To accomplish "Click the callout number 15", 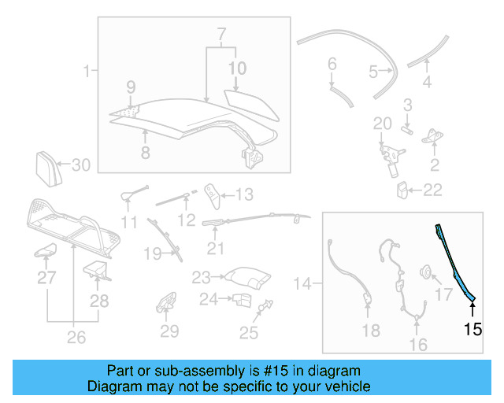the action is click(x=472, y=329).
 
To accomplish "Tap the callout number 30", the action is click(x=82, y=165).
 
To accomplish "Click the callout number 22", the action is click(x=432, y=190).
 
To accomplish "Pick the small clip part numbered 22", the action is click(x=402, y=189).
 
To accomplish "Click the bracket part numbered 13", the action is click(x=211, y=192).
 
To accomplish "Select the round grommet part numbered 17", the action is click(x=425, y=273).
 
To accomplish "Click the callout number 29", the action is click(x=169, y=331).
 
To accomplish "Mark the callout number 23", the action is click(x=202, y=277).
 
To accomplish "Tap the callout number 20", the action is click(x=382, y=124).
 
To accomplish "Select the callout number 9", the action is click(x=131, y=86).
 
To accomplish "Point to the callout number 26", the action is click(x=76, y=338).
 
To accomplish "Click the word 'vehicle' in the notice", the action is click(x=347, y=386).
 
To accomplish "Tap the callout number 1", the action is click(x=86, y=72).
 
